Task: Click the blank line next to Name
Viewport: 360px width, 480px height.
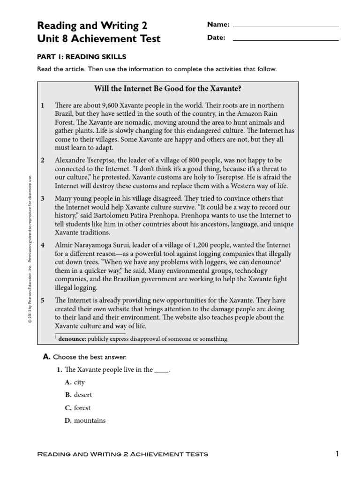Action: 285,26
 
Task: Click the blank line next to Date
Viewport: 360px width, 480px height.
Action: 285,39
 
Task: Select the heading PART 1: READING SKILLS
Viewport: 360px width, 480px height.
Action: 82,57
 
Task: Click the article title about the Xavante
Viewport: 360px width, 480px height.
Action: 168,89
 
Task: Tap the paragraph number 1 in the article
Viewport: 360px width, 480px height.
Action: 43,105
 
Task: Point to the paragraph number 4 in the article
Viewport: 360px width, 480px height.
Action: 43,245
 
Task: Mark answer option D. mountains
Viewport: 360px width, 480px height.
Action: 85,420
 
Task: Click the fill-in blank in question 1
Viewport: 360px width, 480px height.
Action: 161,370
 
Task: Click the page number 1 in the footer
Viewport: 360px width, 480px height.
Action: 337,453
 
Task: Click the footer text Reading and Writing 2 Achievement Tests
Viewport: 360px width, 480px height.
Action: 122,454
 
